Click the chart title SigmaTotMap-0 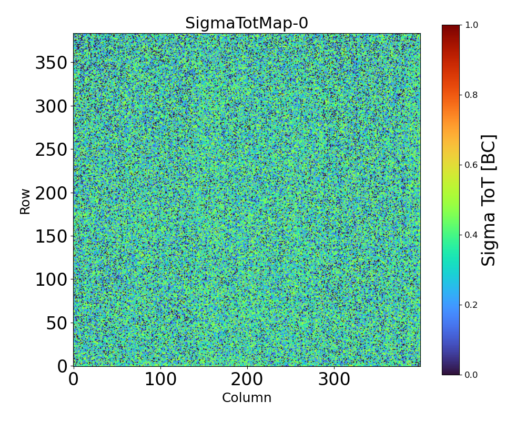[246, 24]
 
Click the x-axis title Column [247, 398]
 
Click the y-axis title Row [25, 200]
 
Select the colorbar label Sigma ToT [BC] [489, 200]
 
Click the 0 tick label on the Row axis [63, 366]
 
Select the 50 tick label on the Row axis [57, 323]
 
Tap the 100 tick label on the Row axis [51, 279]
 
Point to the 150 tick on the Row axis [51, 236]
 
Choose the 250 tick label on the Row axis [51, 150]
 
